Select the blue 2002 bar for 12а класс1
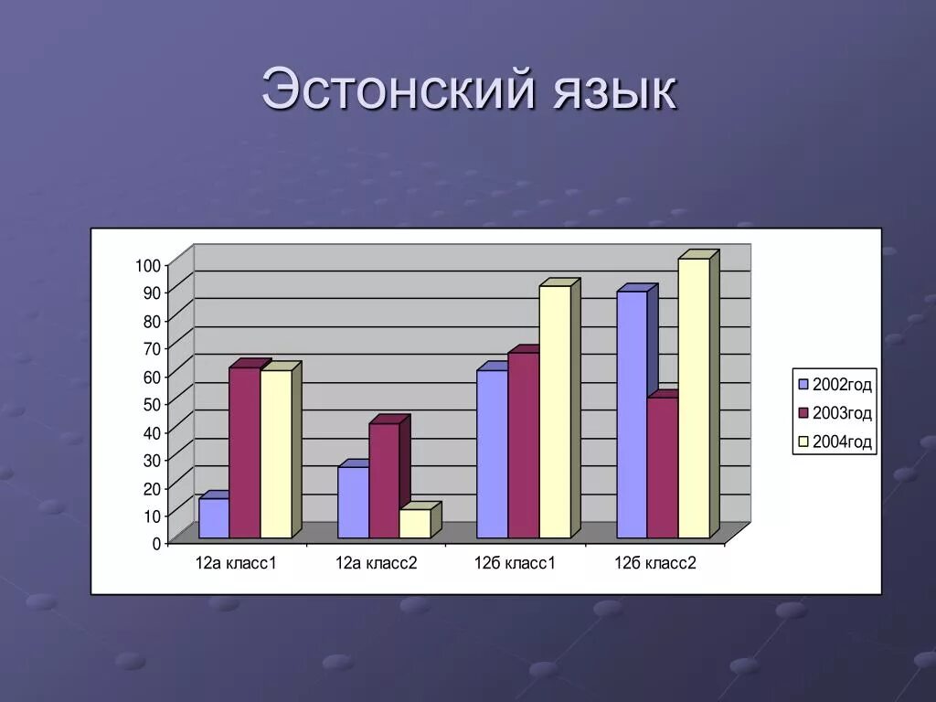click(x=213, y=517)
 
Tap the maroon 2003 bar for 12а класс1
click(x=244, y=452)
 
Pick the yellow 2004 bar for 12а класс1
click(x=275, y=453)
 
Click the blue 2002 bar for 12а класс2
click(x=353, y=502)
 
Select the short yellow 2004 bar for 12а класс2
click(x=414, y=523)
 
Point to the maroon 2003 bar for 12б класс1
click(x=523, y=445)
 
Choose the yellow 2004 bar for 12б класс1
click(x=555, y=411)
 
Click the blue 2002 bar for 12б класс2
click(x=632, y=414)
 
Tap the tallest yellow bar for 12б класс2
click(x=694, y=398)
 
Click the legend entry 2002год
click(x=841, y=385)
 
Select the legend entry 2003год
click(x=841, y=413)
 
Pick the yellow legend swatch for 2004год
click(x=803, y=442)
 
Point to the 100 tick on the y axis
click(x=149, y=265)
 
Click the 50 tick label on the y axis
click(x=152, y=404)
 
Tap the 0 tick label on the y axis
click(x=156, y=543)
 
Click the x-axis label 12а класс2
click(x=376, y=563)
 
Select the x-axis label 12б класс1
click(x=515, y=563)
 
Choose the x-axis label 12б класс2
click(x=654, y=563)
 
